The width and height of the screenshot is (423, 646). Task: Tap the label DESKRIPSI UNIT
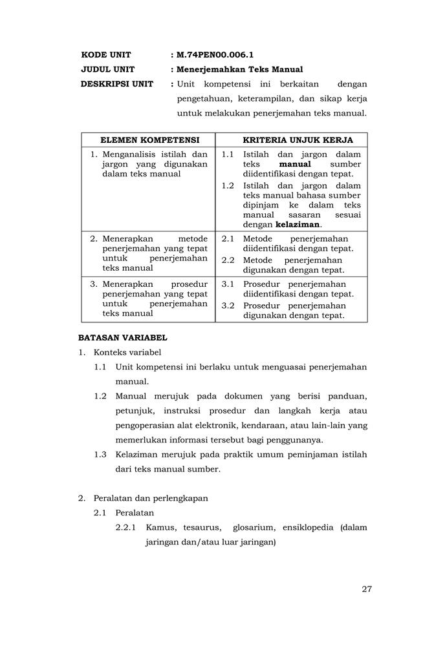pyautogui.click(x=117, y=84)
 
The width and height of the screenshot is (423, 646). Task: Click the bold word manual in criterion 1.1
pyautogui.click(x=295, y=164)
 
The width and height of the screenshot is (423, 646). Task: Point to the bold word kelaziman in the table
pyautogui.click(x=298, y=224)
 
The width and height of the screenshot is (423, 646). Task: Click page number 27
pyautogui.click(x=367, y=589)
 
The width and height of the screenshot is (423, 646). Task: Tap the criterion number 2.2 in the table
pyautogui.click(x=228, y=260)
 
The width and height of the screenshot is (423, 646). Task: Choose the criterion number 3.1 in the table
pyautogui.click(x=228, y=284)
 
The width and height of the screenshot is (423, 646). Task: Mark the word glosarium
pyautogui.click(x=252, y=528)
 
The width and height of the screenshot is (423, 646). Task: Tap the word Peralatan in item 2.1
pyautogui.click(x=135, y=512)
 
